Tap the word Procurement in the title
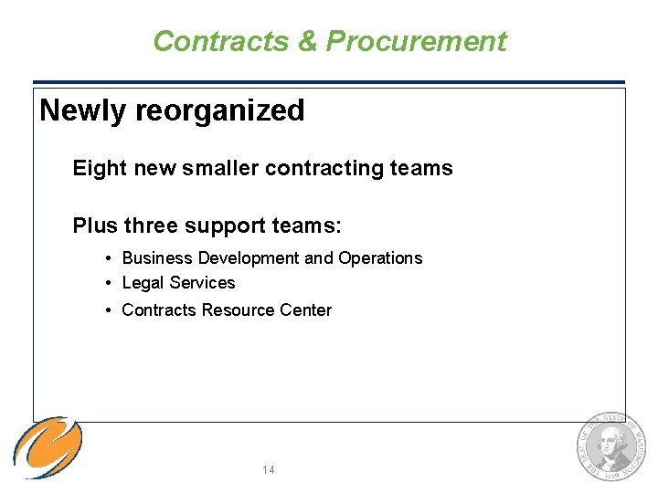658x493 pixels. [x=416, y=41]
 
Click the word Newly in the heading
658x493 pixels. [x=83, y=110]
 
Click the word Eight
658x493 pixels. [x=101, y=168]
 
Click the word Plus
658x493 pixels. [x=95, y=226]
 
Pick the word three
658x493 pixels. [x=152, y=226]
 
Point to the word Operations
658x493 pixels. [x=380, y=258]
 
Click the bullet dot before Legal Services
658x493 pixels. [x=109, y=283]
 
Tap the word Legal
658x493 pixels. [x=142, y=283]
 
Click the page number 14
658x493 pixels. [x=269, y=470]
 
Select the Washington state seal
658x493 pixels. [x=610, y=447]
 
